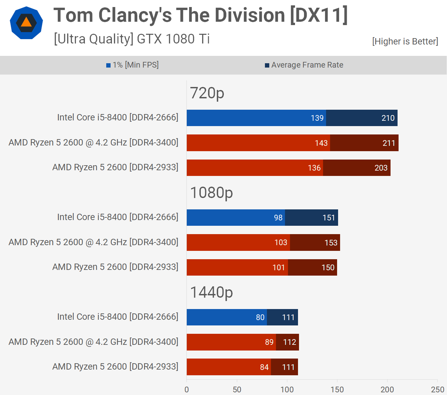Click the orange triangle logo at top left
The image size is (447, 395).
(x=26, y=23)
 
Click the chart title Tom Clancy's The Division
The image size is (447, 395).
(x=200, y=15)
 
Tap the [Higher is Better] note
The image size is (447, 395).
(x=405, y=41)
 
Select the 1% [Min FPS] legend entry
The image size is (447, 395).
(x=133, y=65)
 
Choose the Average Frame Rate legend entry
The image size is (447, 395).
(x=304, y=65)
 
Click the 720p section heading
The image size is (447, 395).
(x=207, y=93)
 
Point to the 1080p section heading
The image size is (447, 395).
(x=211, y=193)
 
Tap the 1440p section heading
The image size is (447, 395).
(x=211, y=292)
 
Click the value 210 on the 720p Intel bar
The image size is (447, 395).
(x=388, y=118)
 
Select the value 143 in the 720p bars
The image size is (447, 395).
(x=321, y=143)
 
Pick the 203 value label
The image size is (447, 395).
(x=381, y=168)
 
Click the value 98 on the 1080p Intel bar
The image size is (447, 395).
(x=278, y=218)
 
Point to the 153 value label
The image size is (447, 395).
(x=331, y=242)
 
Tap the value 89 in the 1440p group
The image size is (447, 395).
(x=269, y=342)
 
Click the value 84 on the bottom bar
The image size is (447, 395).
(x=264, y=367)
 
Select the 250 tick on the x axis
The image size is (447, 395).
(x=437, y=389)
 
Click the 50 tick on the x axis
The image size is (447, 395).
(x=237, y=389)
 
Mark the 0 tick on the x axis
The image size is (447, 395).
(x=187, y=389)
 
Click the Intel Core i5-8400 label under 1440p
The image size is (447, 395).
(x=118, y=317)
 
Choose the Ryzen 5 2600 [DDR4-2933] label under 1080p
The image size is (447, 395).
(x=115, y=267)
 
